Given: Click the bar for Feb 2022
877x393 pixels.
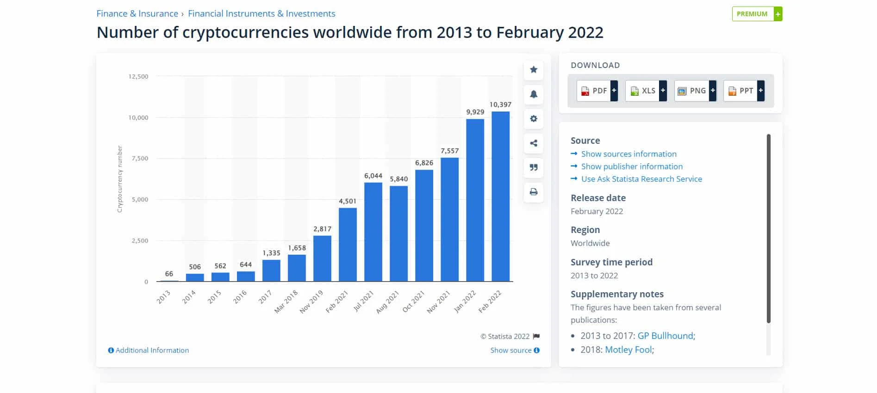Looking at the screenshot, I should point(500,196).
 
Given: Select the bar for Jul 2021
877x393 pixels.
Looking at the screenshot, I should point(373,232).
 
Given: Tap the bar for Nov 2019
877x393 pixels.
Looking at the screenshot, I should point(322,258).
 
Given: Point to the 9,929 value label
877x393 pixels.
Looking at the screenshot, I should point(475,112).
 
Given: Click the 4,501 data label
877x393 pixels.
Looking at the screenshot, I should point(348,201).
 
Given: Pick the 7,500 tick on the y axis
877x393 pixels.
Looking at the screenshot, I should point(140,159).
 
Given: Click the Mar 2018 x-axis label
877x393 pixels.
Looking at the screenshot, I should point(286,301).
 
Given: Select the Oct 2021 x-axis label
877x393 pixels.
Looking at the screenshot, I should point(413,301).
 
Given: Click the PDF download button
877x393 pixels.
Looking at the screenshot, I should point(597,91).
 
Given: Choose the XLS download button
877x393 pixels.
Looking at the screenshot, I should point(646,91).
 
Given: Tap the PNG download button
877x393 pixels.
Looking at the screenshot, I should point(695,91).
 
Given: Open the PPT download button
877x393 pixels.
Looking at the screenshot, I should point(743,91).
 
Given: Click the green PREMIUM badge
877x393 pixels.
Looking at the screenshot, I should point(756,14).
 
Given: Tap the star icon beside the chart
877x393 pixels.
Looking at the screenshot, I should point(534,70).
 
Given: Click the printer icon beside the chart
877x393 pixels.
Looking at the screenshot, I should point(534,192).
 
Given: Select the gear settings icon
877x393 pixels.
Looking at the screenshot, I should point(534,119).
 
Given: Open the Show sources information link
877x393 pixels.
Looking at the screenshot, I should point(628,154).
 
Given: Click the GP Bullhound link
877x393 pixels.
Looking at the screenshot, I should point(666,336).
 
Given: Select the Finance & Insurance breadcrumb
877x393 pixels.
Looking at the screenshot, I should point(137,14).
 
